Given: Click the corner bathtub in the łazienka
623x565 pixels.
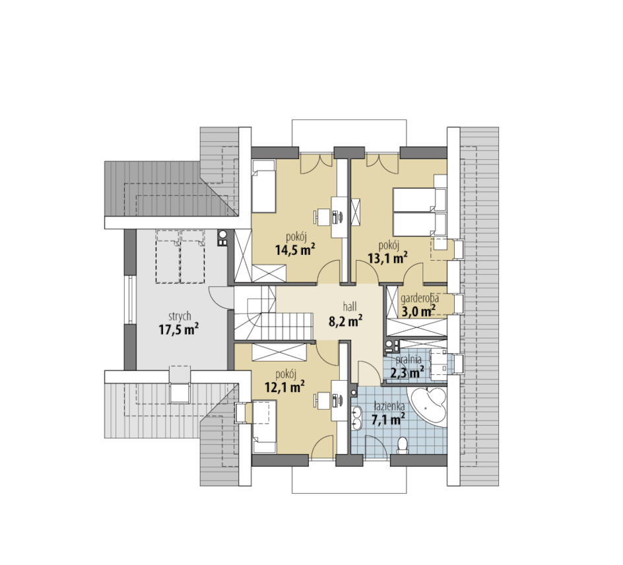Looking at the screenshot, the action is pyautogui.click(x=428, y=407).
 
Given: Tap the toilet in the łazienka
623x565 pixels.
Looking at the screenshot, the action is pyautogui.click(x=403, y=446).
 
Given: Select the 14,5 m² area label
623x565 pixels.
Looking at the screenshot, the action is pyautogui.click(x=295, y=250).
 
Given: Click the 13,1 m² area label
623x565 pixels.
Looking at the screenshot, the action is pyautogui.click(x=387, y=258).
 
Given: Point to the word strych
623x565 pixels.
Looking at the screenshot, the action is pyautogui.click(x=180, y=317).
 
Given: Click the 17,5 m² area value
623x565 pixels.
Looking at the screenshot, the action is pyautogui.click(x=179, y=329).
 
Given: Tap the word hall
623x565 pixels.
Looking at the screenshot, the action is pyautogui.click(x=350, y=306).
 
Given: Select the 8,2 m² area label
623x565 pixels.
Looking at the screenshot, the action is pyautogui.click(x=345, y=320).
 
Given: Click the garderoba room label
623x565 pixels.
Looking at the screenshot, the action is pyautogui.click(x=420, y=299).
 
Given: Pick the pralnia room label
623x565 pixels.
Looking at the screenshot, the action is pyautogui.click(x=408, y=360).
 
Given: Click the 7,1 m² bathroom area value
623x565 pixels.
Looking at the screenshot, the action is pyautogui.click(x=388, y=419).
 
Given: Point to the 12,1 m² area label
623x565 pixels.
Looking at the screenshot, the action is pyautogui.click(x=284, y=386).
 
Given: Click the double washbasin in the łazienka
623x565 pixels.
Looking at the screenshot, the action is pyautogui.click(x=356, y=418).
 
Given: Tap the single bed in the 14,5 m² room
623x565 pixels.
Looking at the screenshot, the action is pyautogui.click(x=264, y=186).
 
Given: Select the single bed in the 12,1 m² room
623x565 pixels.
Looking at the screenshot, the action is pyautogui.click(x=265, y=427).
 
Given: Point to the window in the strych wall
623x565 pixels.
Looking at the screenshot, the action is pyautogui.click(x=130, y=299).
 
